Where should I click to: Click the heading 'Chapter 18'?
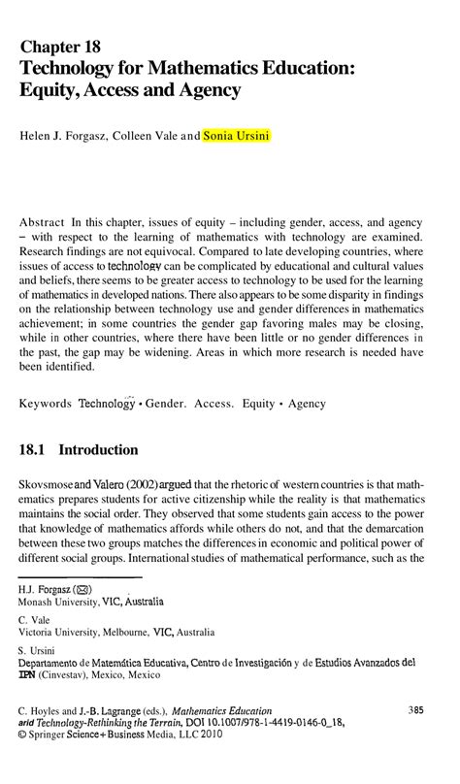59,47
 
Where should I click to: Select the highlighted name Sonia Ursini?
237,137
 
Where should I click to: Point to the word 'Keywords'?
45,403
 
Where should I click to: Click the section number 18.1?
33,450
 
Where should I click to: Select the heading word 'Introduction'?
98,450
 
